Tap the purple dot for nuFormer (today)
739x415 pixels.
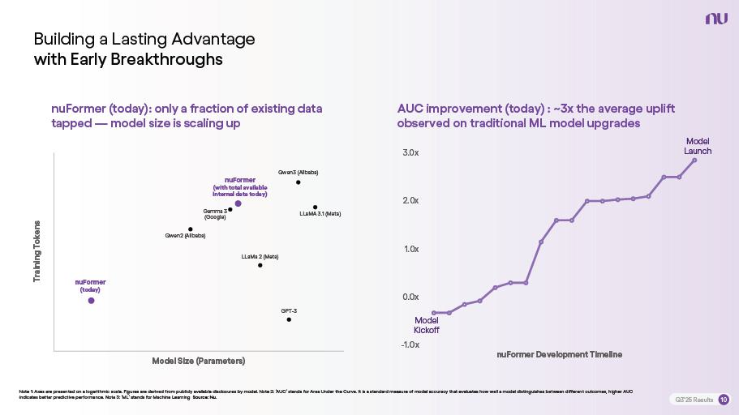pos(91,301)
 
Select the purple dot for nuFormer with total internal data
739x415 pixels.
pos(238,203)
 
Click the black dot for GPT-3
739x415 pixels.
pos(289,319)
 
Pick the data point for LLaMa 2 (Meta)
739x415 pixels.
pos(260,265)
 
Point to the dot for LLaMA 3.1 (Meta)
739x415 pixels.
pos(316,207)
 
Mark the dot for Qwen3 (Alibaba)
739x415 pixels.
pos(299,182)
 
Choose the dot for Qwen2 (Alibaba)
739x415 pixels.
pos(191,229)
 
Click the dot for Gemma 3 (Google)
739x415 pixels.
pos(230,209)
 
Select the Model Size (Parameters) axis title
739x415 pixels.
pos(198,361)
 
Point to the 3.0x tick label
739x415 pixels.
pos(410,153)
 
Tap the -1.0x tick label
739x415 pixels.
pos(410,344)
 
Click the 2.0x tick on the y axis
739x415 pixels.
pos(410,201)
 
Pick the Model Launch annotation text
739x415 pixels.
pos(698,147)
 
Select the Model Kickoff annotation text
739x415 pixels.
pos(427,325)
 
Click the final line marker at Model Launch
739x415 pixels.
pos(694,160)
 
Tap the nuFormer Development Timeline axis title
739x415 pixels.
pos(559,354)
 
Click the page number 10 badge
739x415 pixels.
pos(724,400)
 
